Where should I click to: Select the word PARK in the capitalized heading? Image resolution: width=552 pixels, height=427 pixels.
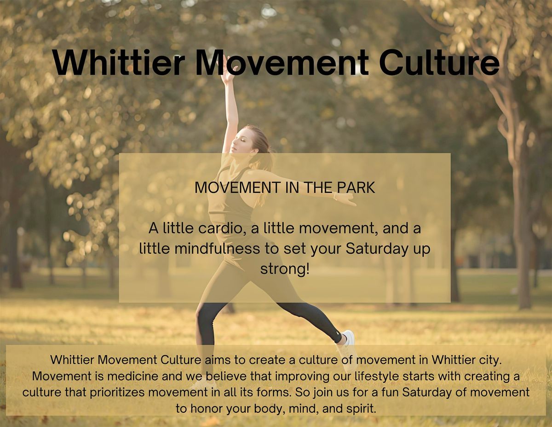click(x=354, y=187)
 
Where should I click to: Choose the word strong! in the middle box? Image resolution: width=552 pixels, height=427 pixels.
click(x=284, y=269)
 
